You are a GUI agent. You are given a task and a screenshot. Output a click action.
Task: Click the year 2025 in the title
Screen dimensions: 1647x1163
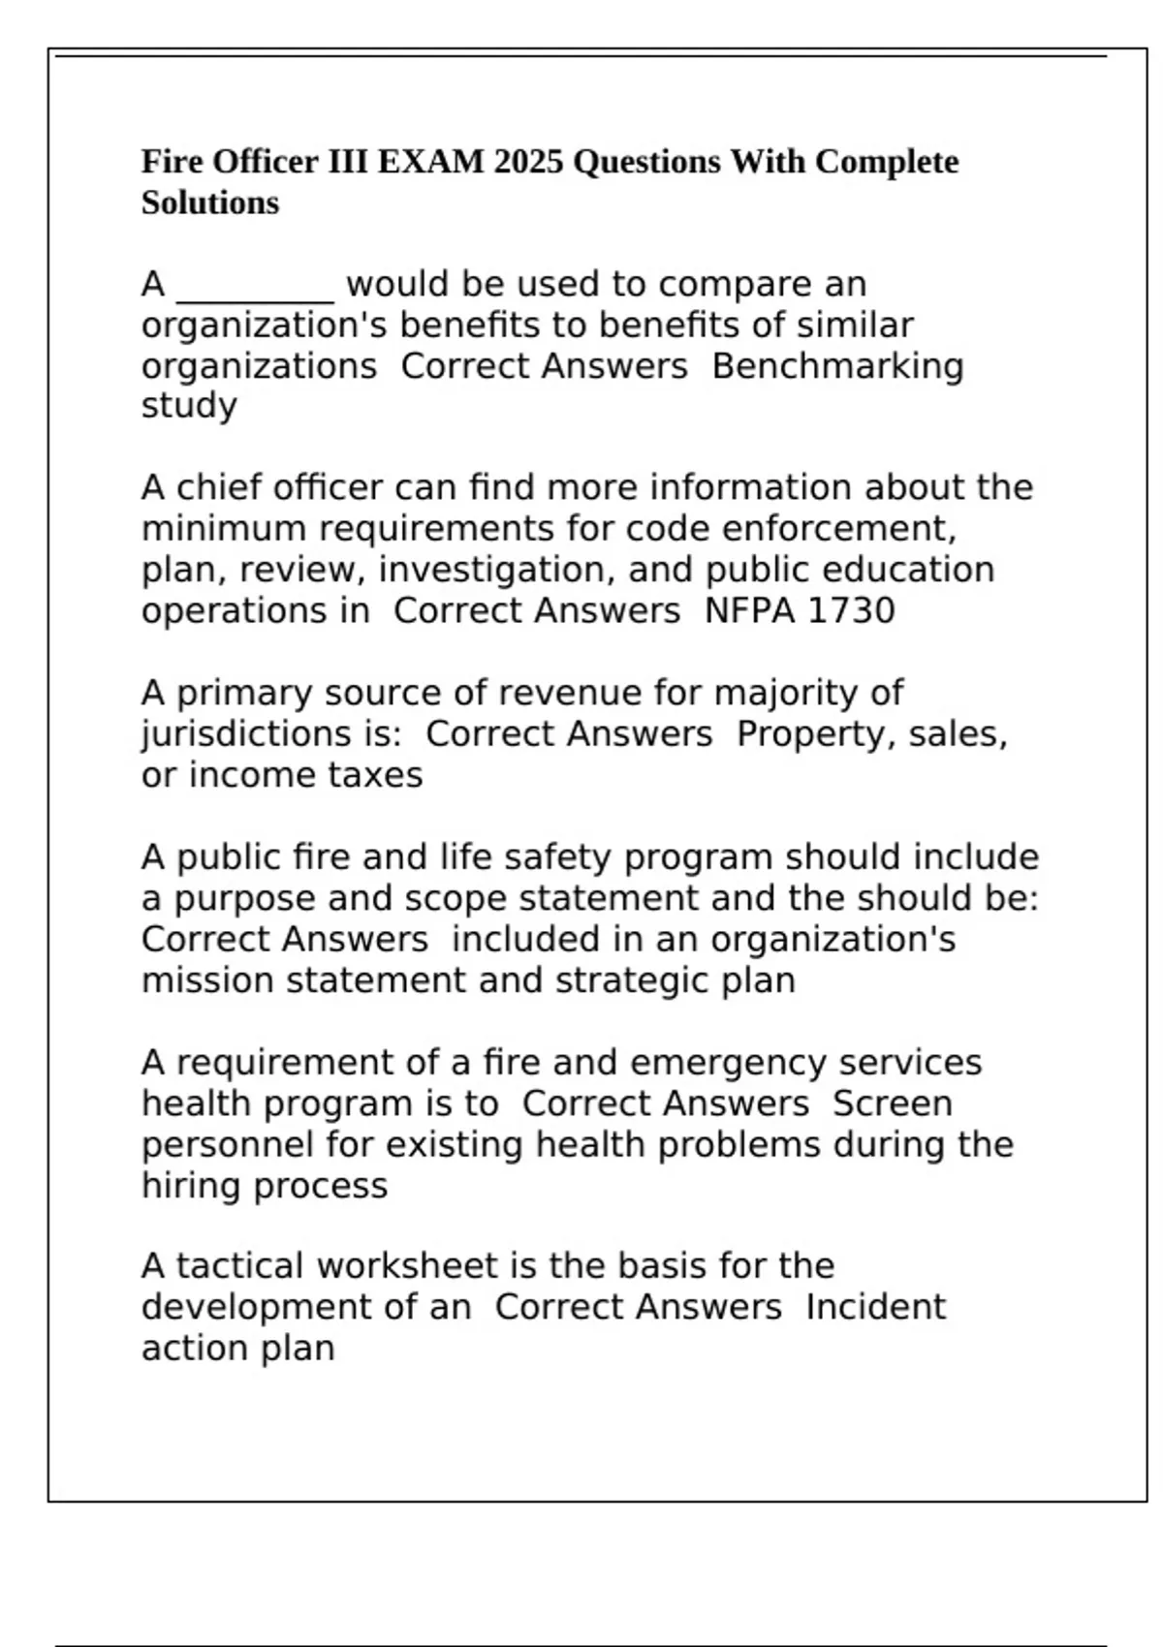point(528,162)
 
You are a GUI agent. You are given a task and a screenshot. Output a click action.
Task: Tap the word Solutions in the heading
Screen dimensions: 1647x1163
point(209,203)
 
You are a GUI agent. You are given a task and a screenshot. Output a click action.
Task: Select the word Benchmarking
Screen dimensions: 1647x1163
point(837,367)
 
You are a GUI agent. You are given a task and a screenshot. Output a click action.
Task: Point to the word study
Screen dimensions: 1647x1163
point(189,406)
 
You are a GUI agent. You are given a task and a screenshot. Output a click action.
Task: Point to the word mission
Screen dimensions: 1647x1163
point(207,981)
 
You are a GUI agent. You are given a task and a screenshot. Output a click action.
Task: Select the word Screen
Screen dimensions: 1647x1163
point(893,1104)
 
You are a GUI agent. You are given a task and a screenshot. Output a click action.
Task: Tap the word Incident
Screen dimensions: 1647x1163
point(875,1308)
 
